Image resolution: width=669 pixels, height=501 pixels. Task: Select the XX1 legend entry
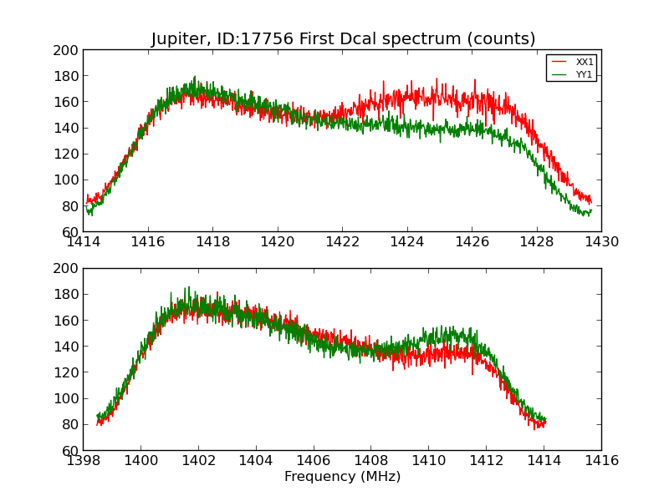pos(585,62)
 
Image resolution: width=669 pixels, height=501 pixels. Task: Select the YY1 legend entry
pos(585,74)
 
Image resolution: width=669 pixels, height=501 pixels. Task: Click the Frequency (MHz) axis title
pos(342,477)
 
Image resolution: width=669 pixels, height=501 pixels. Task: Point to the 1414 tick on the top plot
pos(84,242)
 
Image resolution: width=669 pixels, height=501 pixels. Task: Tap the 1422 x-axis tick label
pos(342,242)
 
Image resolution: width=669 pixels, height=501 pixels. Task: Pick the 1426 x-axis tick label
pos(472,242)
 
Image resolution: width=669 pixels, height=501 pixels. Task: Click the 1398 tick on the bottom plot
pos(84,461)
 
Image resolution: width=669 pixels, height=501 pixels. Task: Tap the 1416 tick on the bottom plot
pos(600,461)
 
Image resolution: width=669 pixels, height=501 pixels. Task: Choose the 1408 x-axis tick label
pos(370,461)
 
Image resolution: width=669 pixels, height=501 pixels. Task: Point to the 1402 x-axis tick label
pos(198,461)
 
